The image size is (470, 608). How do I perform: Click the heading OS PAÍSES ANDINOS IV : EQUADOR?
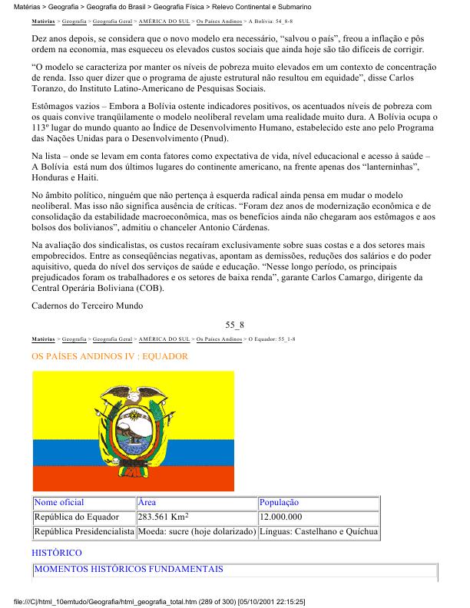click(x=110, y=357)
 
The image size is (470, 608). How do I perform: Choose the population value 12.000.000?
click(x=280, y=517)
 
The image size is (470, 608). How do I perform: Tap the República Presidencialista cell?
click(x=84, y=531)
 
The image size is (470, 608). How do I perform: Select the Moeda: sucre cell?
click(x=196, y=531)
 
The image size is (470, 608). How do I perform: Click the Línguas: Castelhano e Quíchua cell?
click(x=318, y=531)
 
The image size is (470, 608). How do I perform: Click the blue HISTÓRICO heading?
click(x=56, y=553)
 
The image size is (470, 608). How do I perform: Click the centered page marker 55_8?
click(x=235, y=325)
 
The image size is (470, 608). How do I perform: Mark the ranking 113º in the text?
click(x=44, y=128)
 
